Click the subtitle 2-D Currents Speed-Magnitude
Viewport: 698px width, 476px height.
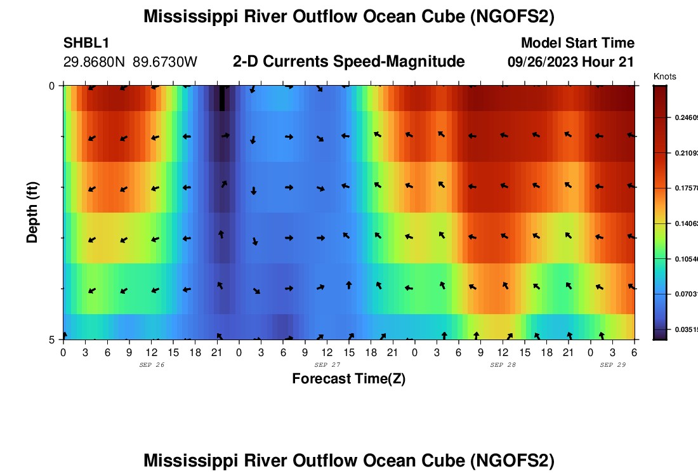click(x=349, y=62)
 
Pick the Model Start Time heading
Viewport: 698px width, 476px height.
click(x=577, y=43)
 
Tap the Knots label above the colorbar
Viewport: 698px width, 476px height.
click(x=664, y=76)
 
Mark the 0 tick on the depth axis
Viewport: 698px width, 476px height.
click(x=52, y=86)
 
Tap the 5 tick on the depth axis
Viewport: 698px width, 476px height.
click(x=52, y=340)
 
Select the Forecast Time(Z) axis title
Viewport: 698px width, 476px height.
click(x=348, y=379)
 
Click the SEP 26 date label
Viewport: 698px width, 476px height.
click(x=152, y=365)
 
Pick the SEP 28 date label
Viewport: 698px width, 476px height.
click(x=503, y=365)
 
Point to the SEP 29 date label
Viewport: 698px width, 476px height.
click(x=613, y=365)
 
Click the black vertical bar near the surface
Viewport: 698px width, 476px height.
click(x=221, y=98)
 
